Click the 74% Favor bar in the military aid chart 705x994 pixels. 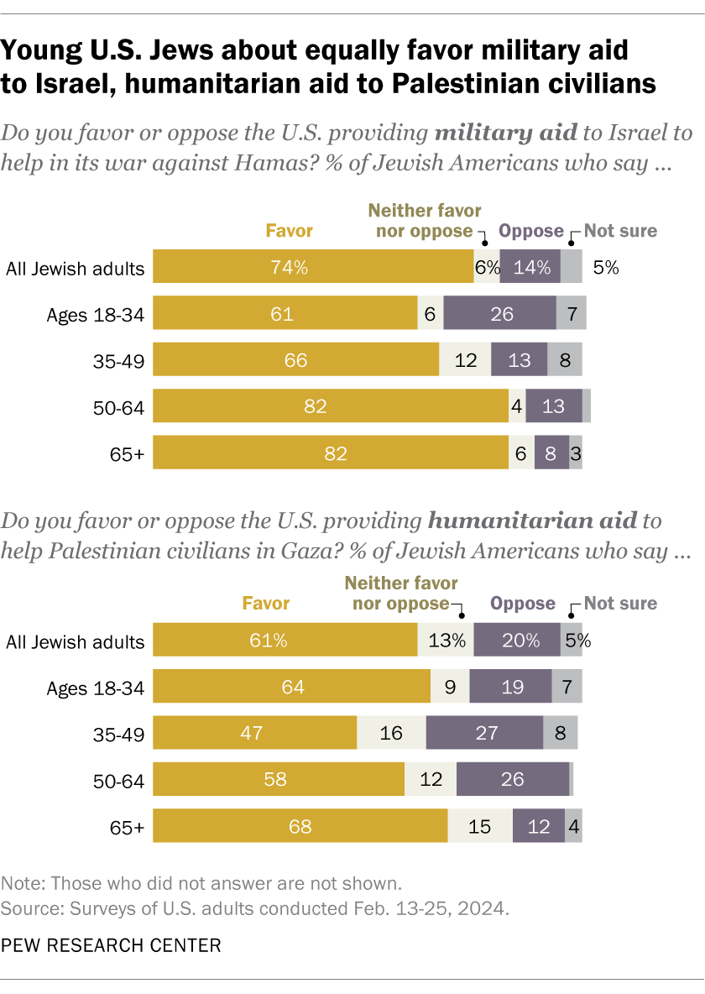pos(312,269)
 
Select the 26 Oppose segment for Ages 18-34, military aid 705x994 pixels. pos(499,315)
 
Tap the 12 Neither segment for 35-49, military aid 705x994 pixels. pos(465,361)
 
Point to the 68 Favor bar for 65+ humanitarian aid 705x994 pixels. pos(300,827)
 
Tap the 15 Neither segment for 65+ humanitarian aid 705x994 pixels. pos(480,827)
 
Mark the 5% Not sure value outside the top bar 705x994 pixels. pos(605,269)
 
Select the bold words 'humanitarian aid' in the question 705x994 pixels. pos(532,521)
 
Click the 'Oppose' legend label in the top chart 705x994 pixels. pos(530,230)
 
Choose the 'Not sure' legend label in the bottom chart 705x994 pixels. pos(620,603)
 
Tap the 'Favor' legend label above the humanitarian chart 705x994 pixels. pos(266,603)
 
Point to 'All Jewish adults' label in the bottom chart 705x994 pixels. pos(75,642)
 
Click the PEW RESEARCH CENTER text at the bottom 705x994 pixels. pos(111,945)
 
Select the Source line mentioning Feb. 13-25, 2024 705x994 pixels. pos(256,908)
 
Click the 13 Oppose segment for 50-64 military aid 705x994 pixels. pos(553,407)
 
